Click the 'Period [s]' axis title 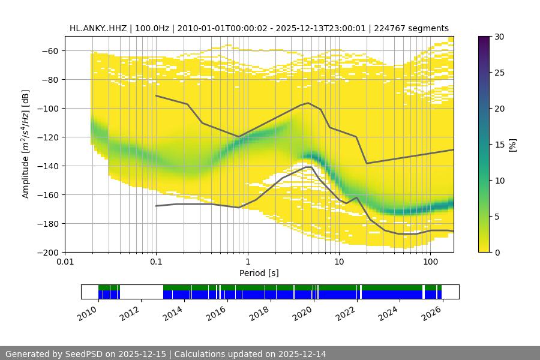pyautogui.click(x=259, y=274)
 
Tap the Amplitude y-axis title pyautogui.click(x=26, y=144)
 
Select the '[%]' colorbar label pyautogui.click(x=512, y=145)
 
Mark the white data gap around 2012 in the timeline pyautogui.click(x=142, y=292)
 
